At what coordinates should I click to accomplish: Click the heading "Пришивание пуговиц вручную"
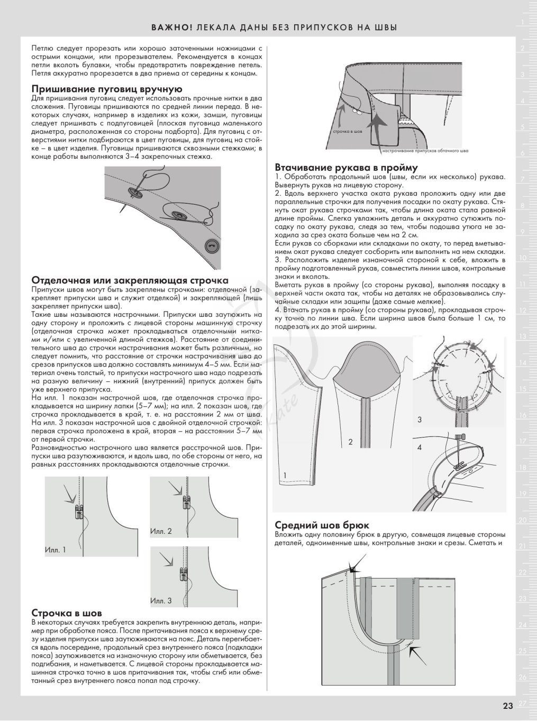(x=107, y=89)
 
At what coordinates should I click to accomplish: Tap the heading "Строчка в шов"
(x=67, y=613)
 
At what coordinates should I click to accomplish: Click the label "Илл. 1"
(x=56, y=550)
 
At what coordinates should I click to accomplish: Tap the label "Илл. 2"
(x=161, y=531)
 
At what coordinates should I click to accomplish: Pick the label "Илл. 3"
(x=161, y=601)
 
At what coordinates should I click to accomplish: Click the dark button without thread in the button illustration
(x=212, y=246)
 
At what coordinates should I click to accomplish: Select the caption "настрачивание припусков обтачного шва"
(x=425, y=151)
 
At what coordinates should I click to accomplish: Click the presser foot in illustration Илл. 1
(x=79, y=513)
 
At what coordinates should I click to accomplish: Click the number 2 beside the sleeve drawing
(x=350, y=442)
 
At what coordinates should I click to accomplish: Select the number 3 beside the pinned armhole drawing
(x=420, y=419)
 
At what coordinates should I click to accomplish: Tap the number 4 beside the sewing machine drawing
(x=420, y=448)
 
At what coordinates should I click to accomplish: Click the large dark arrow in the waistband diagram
(x=378, y=127)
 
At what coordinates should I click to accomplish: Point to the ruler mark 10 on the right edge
(x=522, y=258)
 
